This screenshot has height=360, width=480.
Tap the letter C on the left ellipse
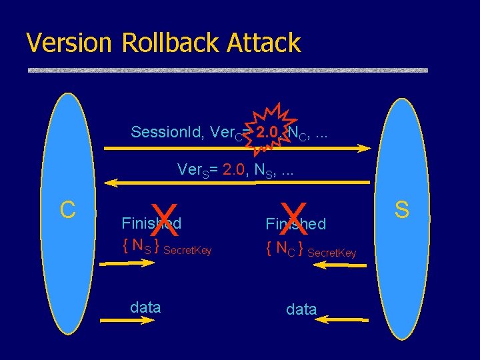pos(67,209)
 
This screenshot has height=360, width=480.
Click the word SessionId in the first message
pos(167,132)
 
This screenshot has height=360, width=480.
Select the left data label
pos(145,307)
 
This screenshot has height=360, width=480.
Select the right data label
pos(301,309)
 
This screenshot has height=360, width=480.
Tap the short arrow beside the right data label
pos(341,320)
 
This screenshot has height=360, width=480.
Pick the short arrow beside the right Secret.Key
pos(341,265)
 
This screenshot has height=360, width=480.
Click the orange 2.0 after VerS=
pos(237,169)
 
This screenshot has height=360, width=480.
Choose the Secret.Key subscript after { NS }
pos(187,251)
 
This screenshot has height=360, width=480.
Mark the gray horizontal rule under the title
pos(227,70)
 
